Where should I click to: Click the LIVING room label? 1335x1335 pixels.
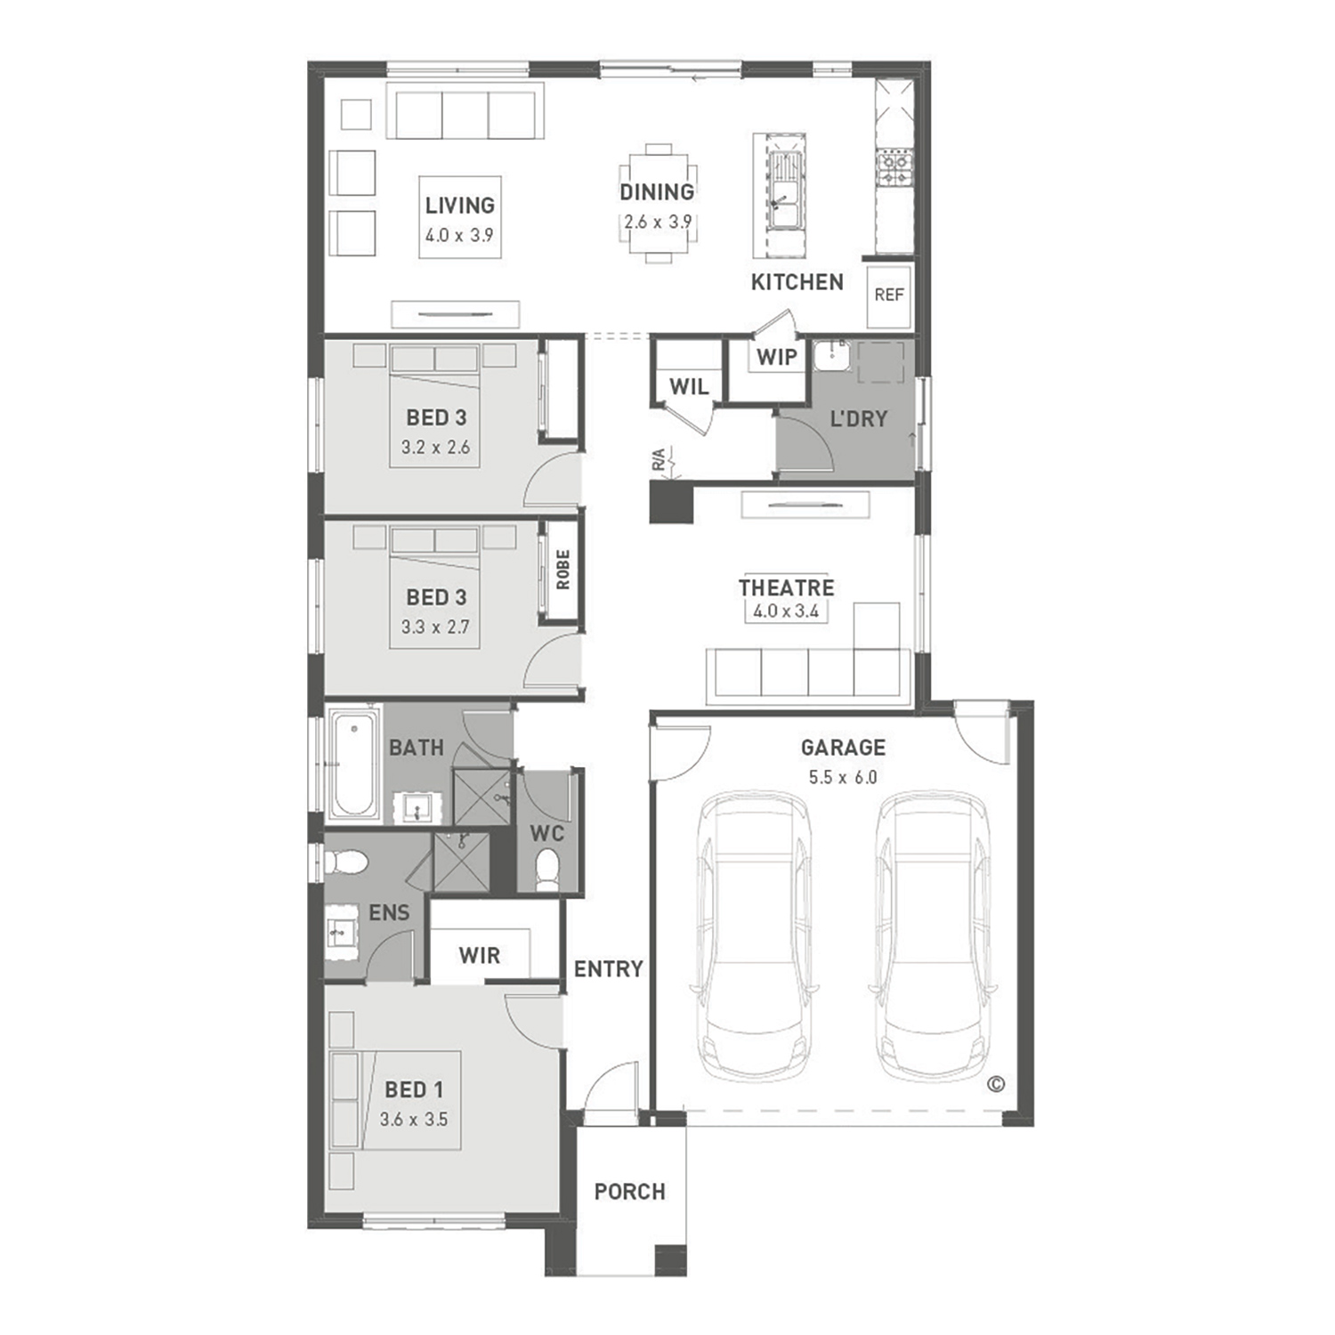pos(459,206)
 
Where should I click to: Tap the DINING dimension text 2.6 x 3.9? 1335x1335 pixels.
pos(658,222)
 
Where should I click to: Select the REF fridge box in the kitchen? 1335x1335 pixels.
pos(889,295)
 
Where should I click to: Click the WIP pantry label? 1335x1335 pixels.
pos(776,358)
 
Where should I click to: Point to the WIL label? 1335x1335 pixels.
pos(689,386)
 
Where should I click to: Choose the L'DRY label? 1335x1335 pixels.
pos(859,418)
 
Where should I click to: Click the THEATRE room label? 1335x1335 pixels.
pos(787,587)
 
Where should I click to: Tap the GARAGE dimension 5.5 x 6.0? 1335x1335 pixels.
pos(843,777)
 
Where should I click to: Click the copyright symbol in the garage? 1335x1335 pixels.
pos(996,1084)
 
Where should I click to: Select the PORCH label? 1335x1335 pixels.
pos(630,1192)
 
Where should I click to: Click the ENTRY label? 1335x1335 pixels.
pos(609,969)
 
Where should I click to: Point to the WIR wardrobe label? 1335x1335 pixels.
pos(480,956)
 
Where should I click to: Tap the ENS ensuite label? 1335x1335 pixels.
pos(389,912)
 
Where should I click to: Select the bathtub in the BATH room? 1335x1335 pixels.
pos(352,763)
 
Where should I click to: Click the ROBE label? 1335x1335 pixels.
pos(562,570)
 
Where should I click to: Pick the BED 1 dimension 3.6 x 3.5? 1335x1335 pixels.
pos(414,1120)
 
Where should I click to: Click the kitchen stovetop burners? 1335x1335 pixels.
pos(894,170)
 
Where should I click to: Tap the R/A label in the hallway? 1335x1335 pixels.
pos(658,460)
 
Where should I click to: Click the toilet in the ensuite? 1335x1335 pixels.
pos(347,862)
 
